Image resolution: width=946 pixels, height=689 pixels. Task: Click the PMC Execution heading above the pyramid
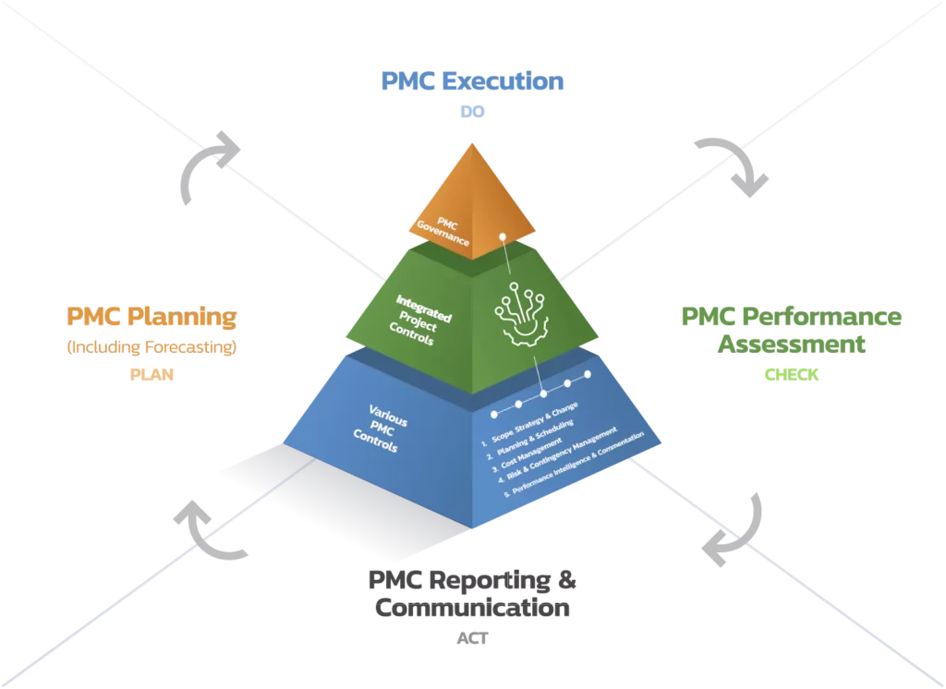pyautogui.click(x=471, y=81)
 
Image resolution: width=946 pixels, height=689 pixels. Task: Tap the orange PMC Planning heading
pyautogui.click(x=152, y=319)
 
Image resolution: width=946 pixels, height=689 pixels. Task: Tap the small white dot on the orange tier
pyautogui.click(x=502, y=236)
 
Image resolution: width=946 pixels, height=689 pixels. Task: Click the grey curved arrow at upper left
pyautogui.click(x=207, y=162)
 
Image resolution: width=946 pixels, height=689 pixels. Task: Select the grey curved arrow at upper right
pyautogui.click(x=735, y=162)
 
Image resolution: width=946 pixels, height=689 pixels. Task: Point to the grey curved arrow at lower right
pyautogui.click(x=735, y=532)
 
